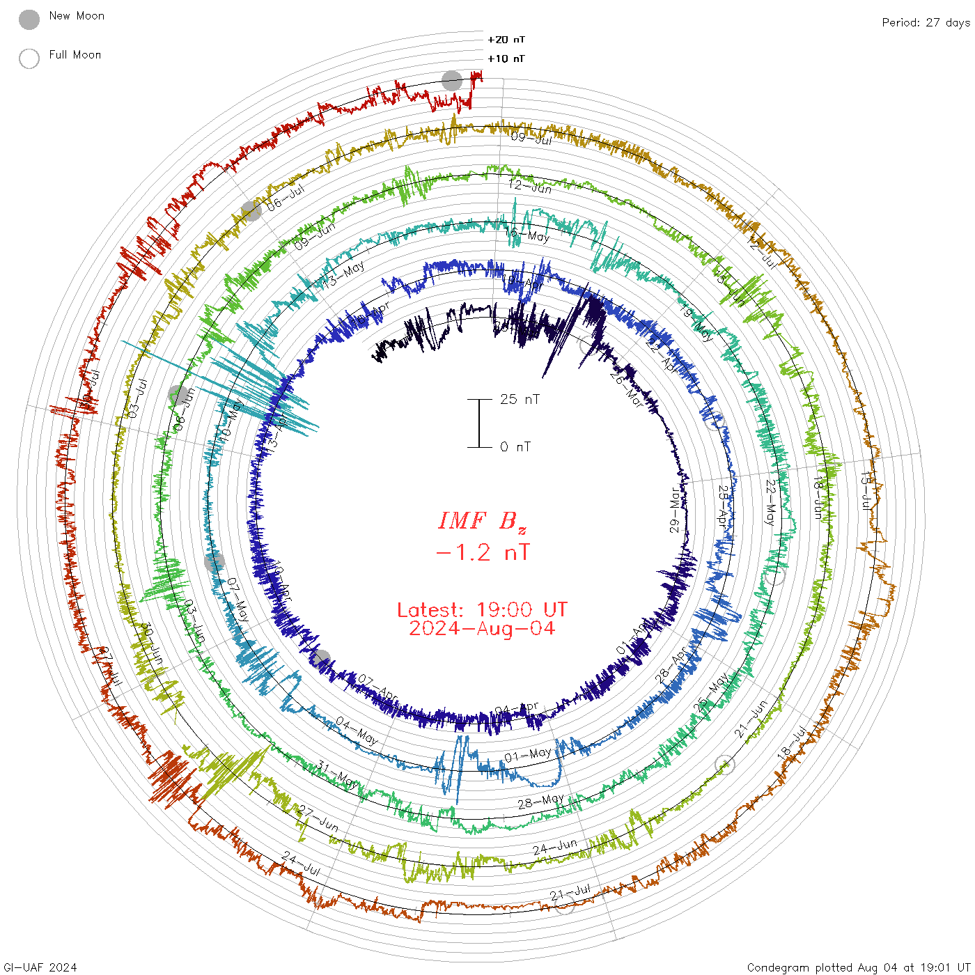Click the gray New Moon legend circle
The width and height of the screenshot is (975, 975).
click(x=29, y=19)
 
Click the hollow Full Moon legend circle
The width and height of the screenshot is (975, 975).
click(x=29, y=58)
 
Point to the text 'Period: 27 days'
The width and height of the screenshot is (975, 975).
click(x=926, y=22)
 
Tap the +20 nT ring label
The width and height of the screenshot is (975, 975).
click(x=506, y=40)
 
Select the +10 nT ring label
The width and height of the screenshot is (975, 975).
click(x=506, y=58)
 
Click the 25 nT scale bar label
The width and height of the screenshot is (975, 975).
click(x=520, y=399)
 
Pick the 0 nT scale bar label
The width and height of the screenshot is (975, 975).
click(x=515, y=446)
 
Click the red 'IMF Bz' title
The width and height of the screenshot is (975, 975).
click(x=482, y=521)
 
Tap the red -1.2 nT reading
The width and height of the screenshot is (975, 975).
click(x=482, y=553)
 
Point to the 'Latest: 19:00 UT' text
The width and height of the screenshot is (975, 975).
click(x=482, y=610)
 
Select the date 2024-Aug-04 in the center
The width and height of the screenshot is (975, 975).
click(x=482, y=629)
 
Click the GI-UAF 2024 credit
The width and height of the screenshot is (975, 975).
click(x=40, y=967)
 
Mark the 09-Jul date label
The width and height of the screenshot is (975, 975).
click(x=531, y=138)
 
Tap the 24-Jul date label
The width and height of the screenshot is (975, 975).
click(x=302, y=864)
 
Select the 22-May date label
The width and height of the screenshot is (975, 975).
click(x=770, y=502)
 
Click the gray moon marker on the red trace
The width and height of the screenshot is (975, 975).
click(x=452, y=81)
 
